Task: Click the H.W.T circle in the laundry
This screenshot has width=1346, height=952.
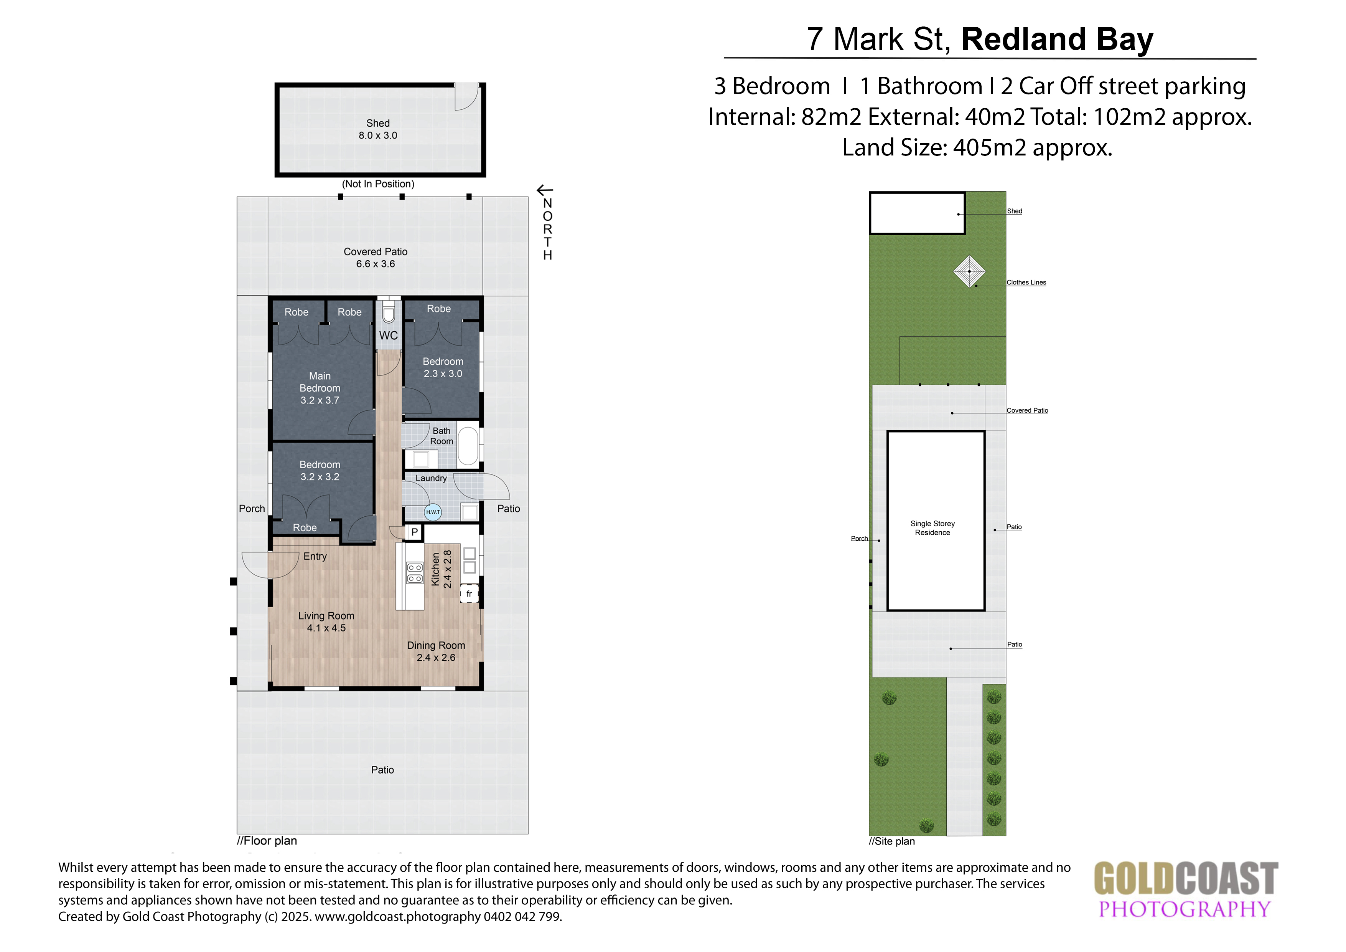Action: pyautogui.click(x=433, y=512)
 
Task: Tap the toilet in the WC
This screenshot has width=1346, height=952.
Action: pyautogui.click(x=389, y=312)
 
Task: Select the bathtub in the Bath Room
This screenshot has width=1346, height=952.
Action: pyautogui.click(x=468, y=447)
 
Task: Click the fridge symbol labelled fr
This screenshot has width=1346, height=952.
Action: pyautogui.click(x=469, y=593)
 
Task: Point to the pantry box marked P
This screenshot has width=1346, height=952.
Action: pyautogui.click(x=415, y=532)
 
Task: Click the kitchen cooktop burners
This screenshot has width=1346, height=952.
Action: pyautogui.click(x=415, y=573)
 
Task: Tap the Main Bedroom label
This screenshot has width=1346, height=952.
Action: pyautogui.click(x=320, y=388)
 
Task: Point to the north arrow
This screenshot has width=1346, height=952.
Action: pyautogui.click(x=545, y=190)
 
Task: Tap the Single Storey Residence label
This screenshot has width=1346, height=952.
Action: pyautogui.click(x=933, y=528)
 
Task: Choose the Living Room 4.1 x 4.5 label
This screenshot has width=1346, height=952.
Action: pyautogui.click(x=326, y=622)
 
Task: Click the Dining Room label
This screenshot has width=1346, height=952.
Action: pyautogui.click(x=436, y=645)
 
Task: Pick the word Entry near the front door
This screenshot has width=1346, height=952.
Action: pyautogui.click(x=315, y=557)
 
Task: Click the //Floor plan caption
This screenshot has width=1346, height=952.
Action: pyautogui.click(x=267, y=841)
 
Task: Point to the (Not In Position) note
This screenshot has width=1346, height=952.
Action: pyautogui.click(x=378, y=183)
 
